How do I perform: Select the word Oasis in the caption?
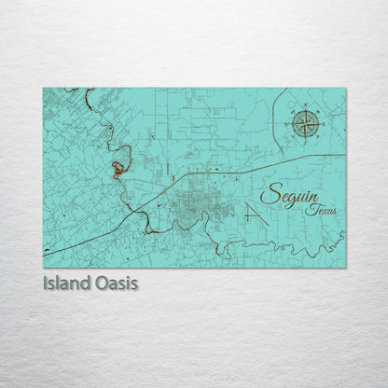coord(117,282)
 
